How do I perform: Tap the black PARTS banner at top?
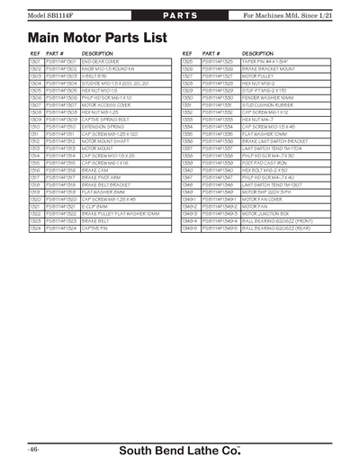[x=179, y=17]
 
